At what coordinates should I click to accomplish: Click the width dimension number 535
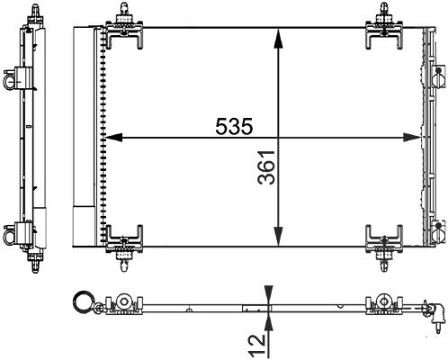[x=234, y=126]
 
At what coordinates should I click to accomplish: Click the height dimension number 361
[x=266, y=167]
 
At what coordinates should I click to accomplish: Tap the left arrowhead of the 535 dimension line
[x=113, y=138]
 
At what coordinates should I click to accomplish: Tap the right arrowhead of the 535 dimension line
[x=412, y=138]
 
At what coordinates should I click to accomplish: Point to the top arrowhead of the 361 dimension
[x=279, y=38]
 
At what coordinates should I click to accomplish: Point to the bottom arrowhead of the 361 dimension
[x=279, y=237]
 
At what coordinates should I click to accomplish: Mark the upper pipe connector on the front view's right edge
[x=438, y=76]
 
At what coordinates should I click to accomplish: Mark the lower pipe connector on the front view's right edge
[x=438, y=231]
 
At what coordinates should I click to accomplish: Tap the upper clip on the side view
[x=17, y=78]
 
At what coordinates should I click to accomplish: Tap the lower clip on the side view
[x=17, y=234]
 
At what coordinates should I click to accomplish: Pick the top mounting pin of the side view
[x=35, y=13]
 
